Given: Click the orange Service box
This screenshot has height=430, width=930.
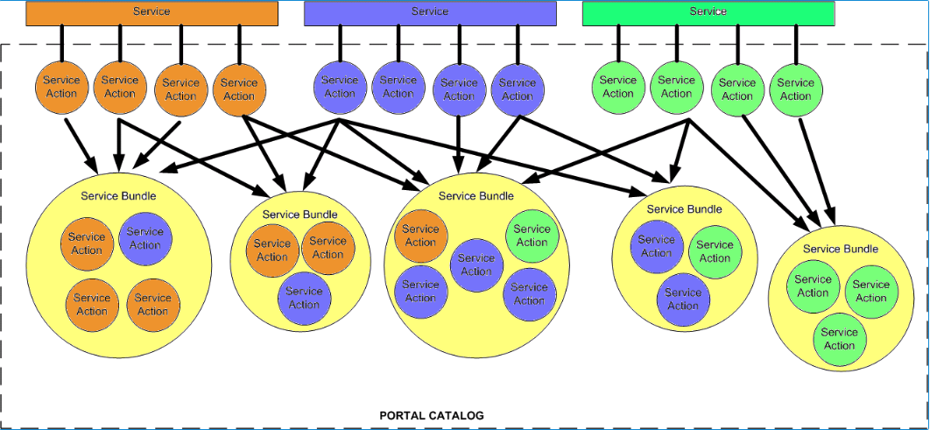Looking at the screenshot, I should point(151,12).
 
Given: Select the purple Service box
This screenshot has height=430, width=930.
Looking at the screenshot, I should point(429,12).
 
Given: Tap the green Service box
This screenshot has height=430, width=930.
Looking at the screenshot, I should point(708,12).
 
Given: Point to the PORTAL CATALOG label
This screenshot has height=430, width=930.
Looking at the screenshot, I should point(431,415).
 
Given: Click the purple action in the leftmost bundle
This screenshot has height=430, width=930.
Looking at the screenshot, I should point(145,238).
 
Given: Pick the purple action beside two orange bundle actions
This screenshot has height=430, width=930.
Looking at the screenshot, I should point(304,298).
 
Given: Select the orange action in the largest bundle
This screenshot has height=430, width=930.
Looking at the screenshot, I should point(420,236).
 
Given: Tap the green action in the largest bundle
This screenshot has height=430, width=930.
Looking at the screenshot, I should point(532,236).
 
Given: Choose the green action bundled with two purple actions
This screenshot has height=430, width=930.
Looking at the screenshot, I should point(715,251).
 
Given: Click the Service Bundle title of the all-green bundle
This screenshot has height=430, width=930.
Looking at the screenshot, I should point(840,249).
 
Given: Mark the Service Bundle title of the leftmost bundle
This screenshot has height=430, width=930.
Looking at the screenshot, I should point(118,195).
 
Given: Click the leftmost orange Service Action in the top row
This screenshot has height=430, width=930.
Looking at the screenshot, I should point(60,87).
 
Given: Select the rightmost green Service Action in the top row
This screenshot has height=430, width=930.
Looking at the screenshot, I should point(795,89).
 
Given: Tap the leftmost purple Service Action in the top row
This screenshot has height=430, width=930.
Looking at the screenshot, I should point(340,87).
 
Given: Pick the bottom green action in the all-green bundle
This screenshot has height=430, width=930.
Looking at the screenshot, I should point(839,339).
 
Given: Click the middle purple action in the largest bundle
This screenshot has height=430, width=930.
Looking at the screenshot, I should point(476,264).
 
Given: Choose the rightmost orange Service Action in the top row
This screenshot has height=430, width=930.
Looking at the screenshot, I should point(238,89).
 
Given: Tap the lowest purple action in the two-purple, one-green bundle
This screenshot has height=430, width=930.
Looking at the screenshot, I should point(683,299).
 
